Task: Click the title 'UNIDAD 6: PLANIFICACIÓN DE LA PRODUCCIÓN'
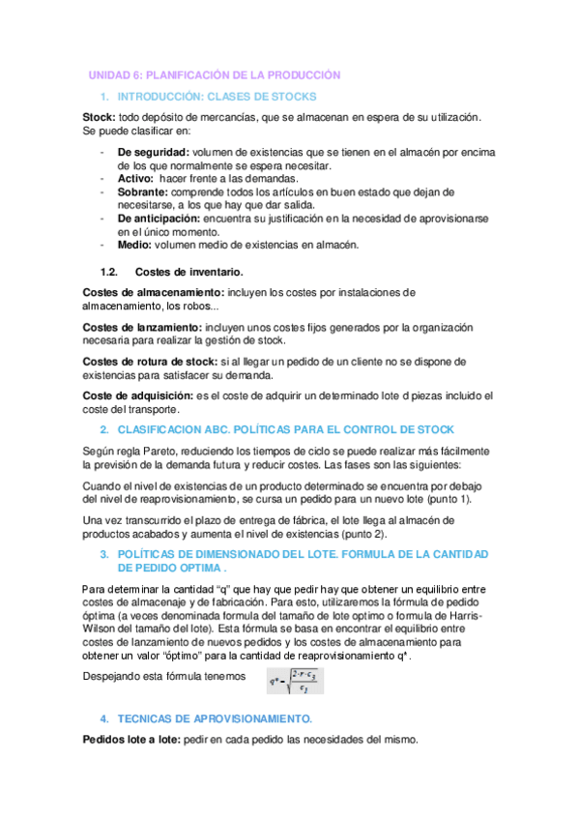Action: [215, 74]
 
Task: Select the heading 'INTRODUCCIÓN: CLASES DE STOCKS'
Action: [216, 98]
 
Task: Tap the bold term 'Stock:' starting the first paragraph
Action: [100, 117]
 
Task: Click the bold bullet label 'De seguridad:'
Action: [153, 153]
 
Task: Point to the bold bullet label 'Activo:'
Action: [136, 179]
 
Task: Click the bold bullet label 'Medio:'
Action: [135, 245]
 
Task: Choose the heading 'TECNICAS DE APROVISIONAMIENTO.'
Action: [215, 719]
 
